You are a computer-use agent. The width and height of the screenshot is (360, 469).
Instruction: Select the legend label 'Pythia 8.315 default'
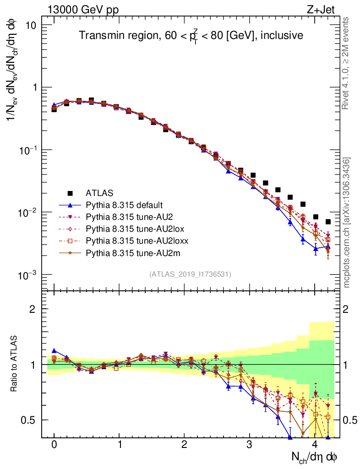pos(125,205)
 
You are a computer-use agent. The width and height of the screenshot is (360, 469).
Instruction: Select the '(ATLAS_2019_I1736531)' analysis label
pos(190,274)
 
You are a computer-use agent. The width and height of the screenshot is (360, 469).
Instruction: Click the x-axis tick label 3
pos(249,445)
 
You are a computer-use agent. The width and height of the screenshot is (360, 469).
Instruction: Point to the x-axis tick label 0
pos(54,445)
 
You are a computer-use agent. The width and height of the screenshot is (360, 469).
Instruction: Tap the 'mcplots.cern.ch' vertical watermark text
pos(346,223)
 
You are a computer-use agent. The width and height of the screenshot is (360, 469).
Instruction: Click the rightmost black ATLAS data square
pos(328,222)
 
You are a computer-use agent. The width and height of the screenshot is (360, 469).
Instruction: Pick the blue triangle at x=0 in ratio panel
pos(54,351)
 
